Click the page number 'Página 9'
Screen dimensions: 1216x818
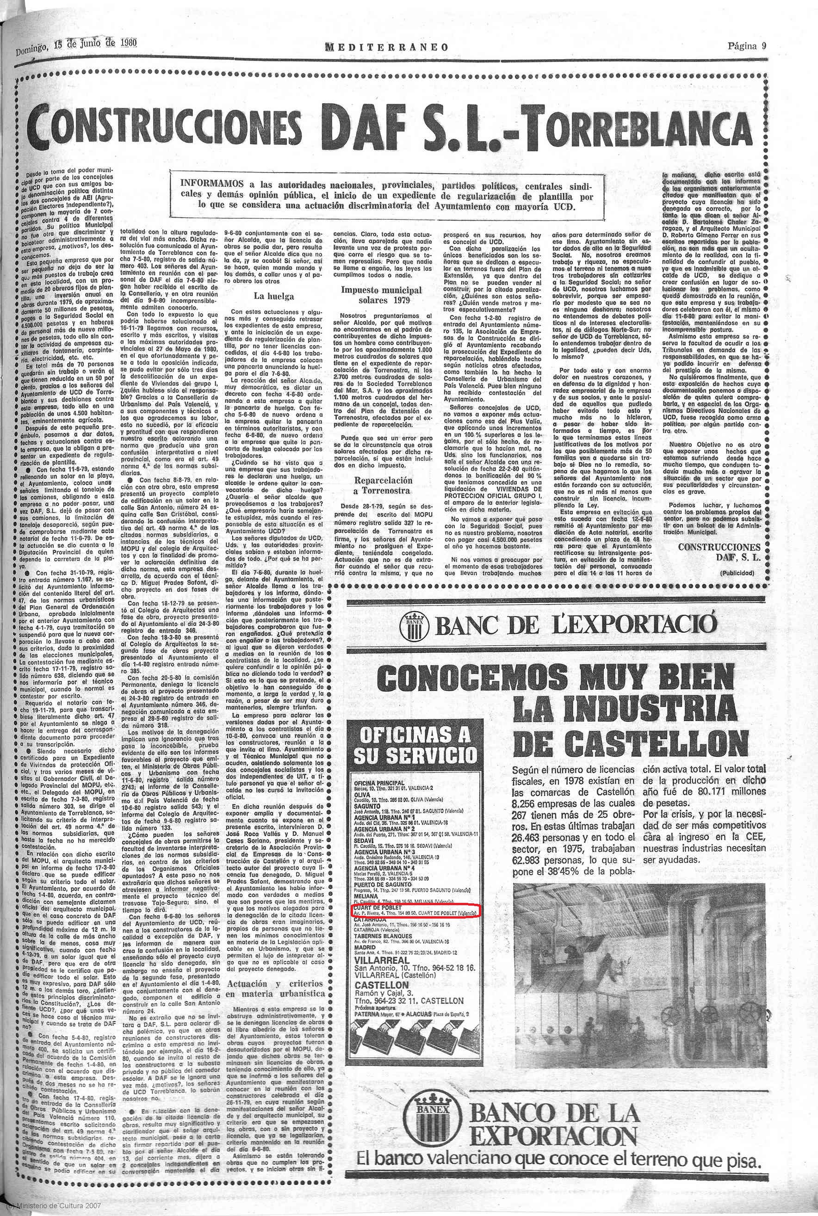click(x=747, y=45)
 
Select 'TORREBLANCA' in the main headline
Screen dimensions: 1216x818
click(x=639, y=129)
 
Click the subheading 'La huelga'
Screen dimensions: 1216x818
click(x=273, y=296)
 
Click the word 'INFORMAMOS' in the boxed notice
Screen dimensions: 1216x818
click(x=212, y=184)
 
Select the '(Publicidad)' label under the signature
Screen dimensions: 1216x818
click(x=736, y=573)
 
